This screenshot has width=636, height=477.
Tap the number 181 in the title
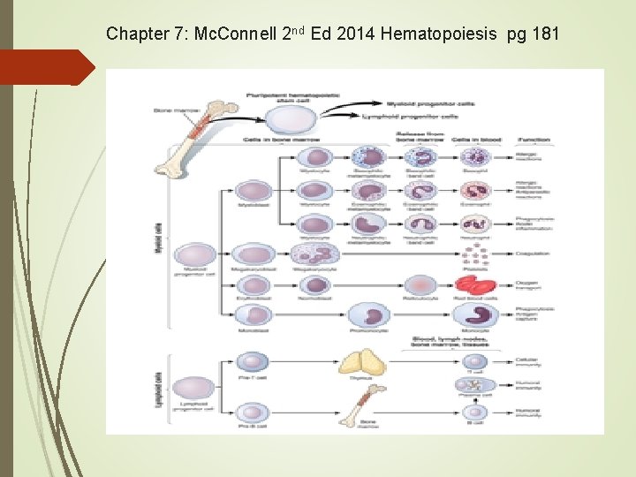(x=541, y=34)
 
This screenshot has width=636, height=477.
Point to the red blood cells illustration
(x=477, y=284)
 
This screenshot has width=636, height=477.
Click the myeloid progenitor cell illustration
(x=196, y=255)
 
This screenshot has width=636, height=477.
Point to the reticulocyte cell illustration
(x=420, y=284)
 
